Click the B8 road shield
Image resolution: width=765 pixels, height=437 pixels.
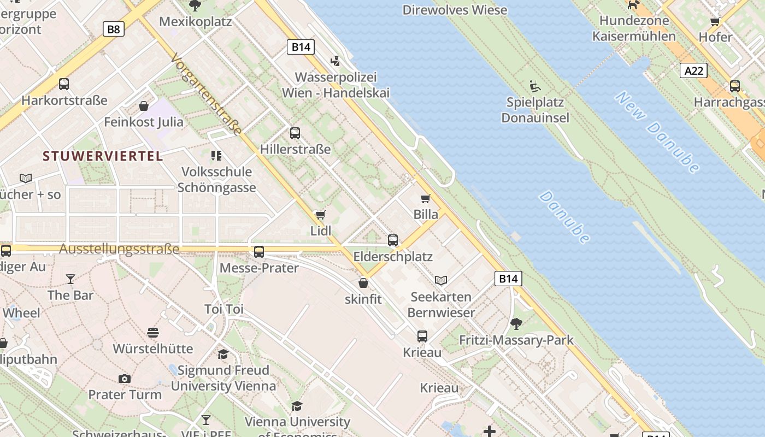click(113, 29)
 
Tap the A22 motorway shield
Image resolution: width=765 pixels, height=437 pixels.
click(694, 70)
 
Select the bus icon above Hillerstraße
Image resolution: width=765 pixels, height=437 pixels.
click(295, 133)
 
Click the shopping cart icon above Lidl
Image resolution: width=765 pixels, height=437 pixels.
click(321, 215)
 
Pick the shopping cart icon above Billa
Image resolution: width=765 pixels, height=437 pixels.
click(426, 198)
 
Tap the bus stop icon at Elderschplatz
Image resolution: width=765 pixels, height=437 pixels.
click(393, 240)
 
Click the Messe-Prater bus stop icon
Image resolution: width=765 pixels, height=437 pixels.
click(259, 252)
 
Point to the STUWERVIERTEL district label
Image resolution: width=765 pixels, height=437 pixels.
click(103, 156)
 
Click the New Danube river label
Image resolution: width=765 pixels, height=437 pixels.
click(657, 132)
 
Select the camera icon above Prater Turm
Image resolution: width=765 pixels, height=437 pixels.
click(125, 379)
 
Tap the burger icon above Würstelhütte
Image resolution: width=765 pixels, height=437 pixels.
click(153, 332)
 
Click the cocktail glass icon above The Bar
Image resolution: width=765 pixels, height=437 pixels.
click(70, 279)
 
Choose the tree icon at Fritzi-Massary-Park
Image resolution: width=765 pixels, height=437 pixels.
click(516, 324)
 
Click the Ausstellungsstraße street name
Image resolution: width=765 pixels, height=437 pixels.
click(119, 249)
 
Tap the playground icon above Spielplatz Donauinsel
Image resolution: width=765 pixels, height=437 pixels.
click(535, 86)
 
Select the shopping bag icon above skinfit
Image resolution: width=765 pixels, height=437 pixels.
click(363, 283)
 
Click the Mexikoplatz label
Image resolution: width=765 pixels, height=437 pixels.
click(196, 22)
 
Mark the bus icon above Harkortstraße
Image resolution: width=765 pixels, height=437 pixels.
click(64, 84)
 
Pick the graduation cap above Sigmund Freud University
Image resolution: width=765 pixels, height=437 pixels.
click(223, 354)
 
